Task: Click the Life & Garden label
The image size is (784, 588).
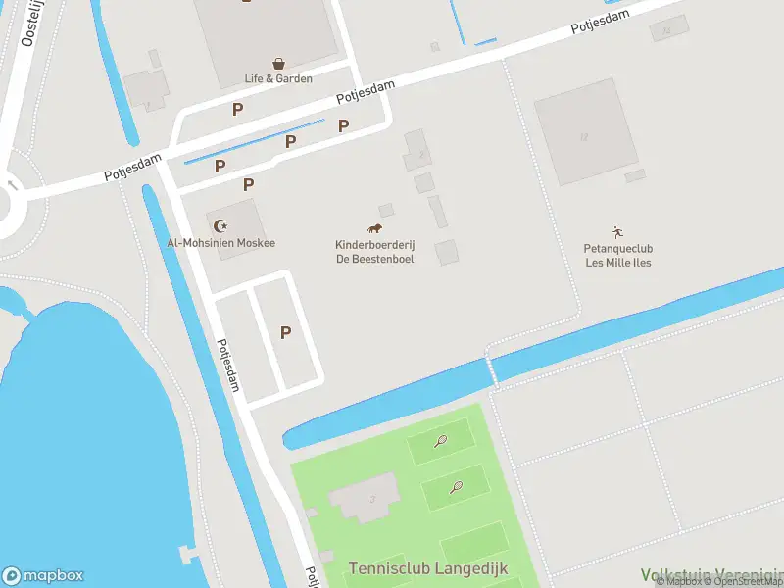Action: point(278,78)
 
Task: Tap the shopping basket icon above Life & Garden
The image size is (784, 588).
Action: point(279,62)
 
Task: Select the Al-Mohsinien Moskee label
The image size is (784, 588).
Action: point(220,243)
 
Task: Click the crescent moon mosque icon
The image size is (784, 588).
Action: point(221,226)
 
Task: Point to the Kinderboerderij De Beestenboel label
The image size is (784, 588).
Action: point(373,251)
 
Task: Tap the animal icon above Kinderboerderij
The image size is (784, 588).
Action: point(373,228)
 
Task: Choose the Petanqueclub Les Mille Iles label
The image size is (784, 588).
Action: point(618,256)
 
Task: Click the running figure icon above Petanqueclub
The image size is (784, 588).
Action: point(617,232)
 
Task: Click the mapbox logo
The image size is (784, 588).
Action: point(43,576)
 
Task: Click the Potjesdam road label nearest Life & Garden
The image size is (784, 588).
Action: point(366,93)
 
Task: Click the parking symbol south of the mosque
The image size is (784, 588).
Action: point(285,332)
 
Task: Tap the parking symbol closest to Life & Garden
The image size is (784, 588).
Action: point(237,109)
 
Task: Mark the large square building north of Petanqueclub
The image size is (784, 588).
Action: point(584,131)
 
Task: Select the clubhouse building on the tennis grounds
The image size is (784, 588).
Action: point(365,497)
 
